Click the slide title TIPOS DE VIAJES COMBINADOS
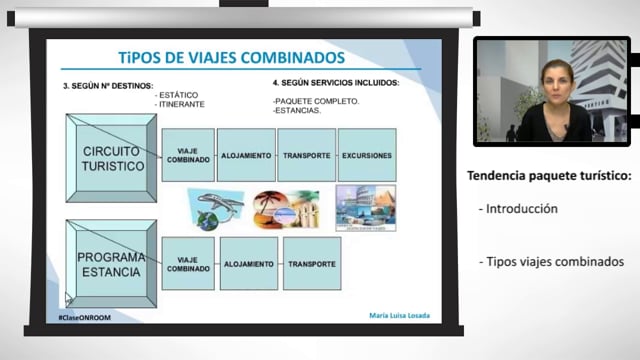(x=231, y=58)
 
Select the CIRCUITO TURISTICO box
(x=112, y=158)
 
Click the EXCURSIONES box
(x=366, y=155)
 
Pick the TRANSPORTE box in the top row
(x=306, y=155)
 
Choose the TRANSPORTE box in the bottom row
(x=311, y=264)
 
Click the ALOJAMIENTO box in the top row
(x=246, y=155)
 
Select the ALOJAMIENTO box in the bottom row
(x=248, y=264)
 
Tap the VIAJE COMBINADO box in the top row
(x=188, y=155)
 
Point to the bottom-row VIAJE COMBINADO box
(x=188, y=264)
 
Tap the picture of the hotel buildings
(x=365, y=208)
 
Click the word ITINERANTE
(x=183, y=103)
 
